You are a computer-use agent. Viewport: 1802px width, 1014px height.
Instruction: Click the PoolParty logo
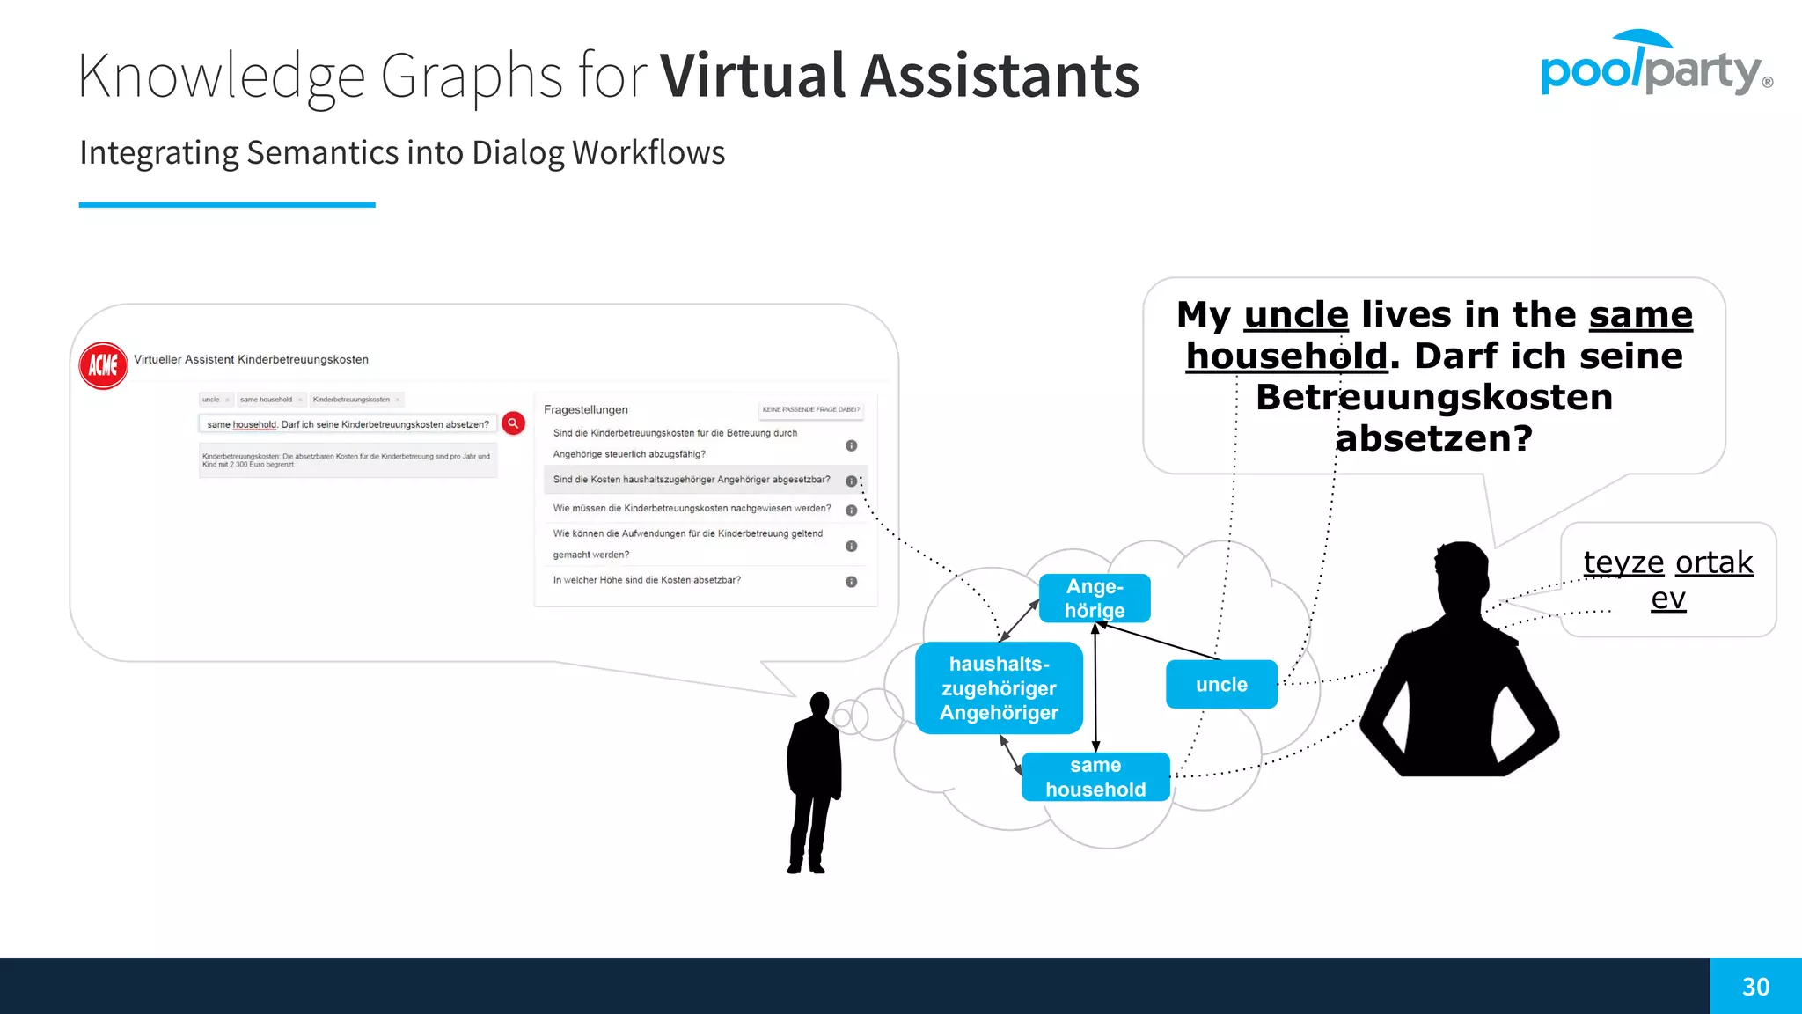pyautogui.click(x=1654, y=66)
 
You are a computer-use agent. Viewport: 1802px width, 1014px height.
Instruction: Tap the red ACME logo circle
pyautogui.click(x=103, y=365)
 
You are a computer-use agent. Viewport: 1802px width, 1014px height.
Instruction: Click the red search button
pyautogui.click(x=513, y=423)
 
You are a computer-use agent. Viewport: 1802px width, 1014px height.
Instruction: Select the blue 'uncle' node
pyautogui.click(x=1221, y=684)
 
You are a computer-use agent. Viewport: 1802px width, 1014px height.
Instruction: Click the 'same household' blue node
pyautogui.click(x=1095, y=777)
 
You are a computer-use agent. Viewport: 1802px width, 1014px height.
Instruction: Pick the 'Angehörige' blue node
pyautogui.click(x=1095, y=599)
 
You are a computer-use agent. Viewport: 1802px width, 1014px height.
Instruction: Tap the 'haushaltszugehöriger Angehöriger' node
pyautogui.click(x=999, y=688)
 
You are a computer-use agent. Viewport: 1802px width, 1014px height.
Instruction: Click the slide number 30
pyautogui.click(x=1755, y=987)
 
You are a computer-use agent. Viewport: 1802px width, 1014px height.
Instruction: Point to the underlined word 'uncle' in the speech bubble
pyautogui.click(x=1295, y=315)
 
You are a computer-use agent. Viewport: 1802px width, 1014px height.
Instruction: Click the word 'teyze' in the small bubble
pyautogui.click(x=1623, y=562)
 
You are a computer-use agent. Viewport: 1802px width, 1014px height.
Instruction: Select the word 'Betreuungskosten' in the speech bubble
pyautogui.click(x=1434, y=397)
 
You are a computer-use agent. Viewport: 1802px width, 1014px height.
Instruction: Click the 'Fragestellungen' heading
pyautogui.click(x=586, y=410)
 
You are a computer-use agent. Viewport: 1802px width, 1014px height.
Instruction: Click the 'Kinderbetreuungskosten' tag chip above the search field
pyautogui.click(x=352, y=400)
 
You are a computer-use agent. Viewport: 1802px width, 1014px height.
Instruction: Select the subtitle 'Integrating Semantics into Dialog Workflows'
pyautogui.click(x=402, y=152)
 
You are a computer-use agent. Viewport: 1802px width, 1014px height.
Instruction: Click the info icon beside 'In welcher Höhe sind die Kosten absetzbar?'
pyautogui.click(x=851, y=582)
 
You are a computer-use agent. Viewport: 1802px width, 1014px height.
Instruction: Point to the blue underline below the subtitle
pyautogui.click(x=227, y=205)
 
